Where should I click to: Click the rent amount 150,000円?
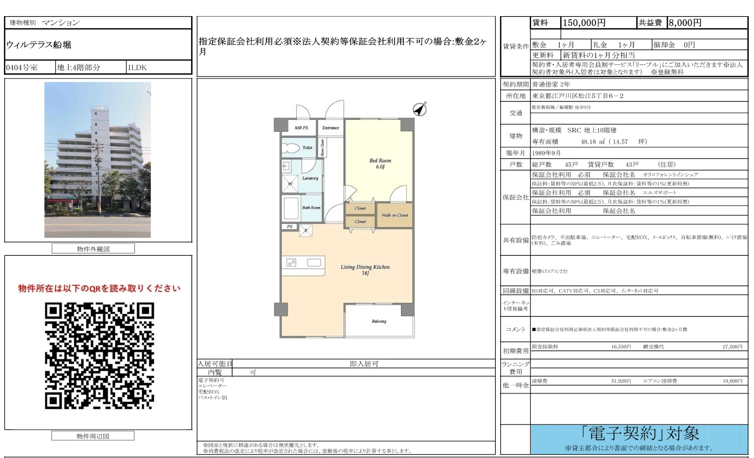tap(584, 23)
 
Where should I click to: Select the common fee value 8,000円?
tap(685, 23)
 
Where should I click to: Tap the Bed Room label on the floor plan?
tap(380, 163)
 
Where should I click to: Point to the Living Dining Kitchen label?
tap(365, 270)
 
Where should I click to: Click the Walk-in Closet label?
tap(395, 215)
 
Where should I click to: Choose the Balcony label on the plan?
tap(379, 321)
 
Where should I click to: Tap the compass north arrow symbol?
tap(420, 109)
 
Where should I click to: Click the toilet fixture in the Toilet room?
tap(291, 148)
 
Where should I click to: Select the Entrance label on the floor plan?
tap(330, 128)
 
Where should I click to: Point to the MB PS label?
tap(301, 128)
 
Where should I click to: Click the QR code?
tap(99, 356)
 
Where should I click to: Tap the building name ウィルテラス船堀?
tap(39, 45)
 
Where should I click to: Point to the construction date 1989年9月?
tap(546, 153)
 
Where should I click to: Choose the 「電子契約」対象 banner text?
tap(640, 433)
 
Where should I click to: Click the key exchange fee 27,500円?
tap(732, 346)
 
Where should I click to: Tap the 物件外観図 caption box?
tap(93, 249)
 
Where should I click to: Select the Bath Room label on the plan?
tap(311, 207)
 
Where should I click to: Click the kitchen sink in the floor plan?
tap(314, 262)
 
